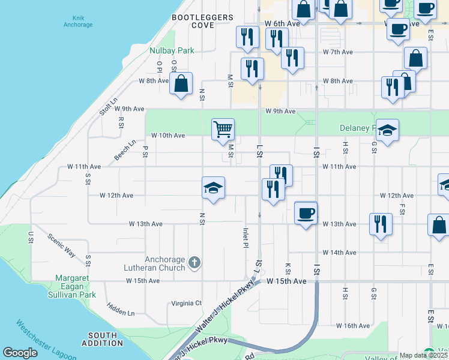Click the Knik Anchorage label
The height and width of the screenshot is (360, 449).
click(x=78, y=22)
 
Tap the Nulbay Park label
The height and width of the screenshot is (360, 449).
click(x=172, y=51)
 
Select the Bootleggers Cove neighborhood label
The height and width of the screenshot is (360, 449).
click(x=202, y=22)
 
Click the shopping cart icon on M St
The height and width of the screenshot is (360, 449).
click(x=223, y=128)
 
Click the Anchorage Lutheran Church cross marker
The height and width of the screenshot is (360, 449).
click(x=194, y=262)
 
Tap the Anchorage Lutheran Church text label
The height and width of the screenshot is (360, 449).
click(x=154, y=263)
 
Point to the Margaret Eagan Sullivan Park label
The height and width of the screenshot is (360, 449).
click(x=76, y=286)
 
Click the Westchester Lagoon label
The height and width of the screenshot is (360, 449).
click(x=46, y=340)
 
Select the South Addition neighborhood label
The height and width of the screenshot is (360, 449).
click(x=102, y=339)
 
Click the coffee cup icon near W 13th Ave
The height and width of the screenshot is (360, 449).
click(x=306, y=213)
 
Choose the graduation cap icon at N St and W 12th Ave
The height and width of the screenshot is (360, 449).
click(x=213, y=188)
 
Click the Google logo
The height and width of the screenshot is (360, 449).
click(x=20, y=353)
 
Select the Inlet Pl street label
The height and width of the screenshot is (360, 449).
click(x=246, y=238)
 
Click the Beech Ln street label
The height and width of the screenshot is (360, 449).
click(x=125, y=151)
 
